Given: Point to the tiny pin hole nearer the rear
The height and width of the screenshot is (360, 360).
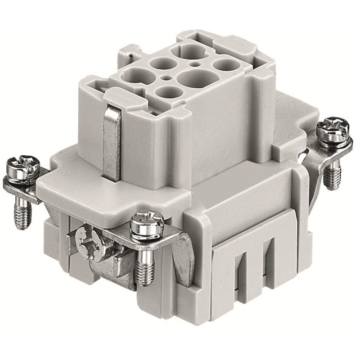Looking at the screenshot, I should pos(195,64).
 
